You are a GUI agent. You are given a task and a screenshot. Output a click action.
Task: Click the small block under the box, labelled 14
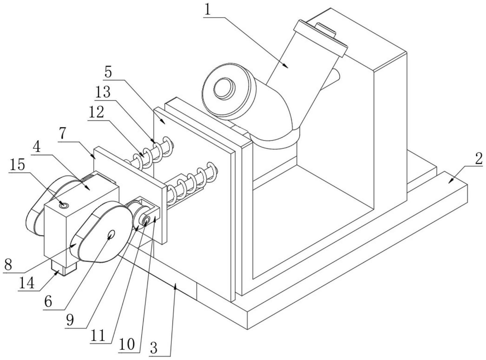point(64,267)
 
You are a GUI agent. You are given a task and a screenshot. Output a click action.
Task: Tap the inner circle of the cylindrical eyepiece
point(224,88)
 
